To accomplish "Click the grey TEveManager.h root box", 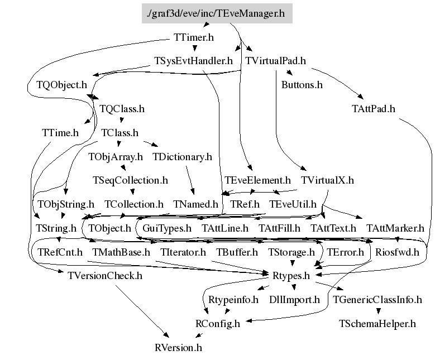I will pyautogui.click(x=217, y=13).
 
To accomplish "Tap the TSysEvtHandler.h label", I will pyautogui.click(x=193, y=61).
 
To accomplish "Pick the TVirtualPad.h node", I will pyautogui.click(x=275, y=61).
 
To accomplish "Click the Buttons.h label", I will pyautogui.click(x=302, y=85).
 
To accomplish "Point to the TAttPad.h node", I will pyautogui.click(x=374, y=108).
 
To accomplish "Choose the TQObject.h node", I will pyautogui.click(x=61, y=85).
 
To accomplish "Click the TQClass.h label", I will pyautogui.click(x=122, y=108).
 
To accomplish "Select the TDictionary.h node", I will pyautogui.click(x=182, y=157).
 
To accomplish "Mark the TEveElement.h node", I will pyautogui.click(x=257, y=180).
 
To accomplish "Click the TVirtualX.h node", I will pyautogui.click(x=327, y=180).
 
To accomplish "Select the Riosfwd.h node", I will pyautogui.click(x=397, y=252).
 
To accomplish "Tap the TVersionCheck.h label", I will pyautogui.click(x=105, y=275).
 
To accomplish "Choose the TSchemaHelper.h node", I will pyautogui.click(x=377, y=324).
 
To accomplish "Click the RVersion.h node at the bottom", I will pyautogui.click(x=178, y=348).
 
